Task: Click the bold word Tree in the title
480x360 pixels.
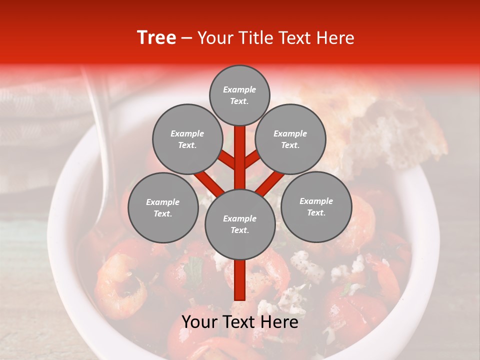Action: click(x=156, y=38)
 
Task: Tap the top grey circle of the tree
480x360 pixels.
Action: click(x=239, y=95)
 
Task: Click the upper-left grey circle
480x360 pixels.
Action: click(x=187, y=139)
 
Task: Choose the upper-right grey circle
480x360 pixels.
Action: click(x=290, y=139)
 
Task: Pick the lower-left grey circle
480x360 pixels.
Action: click(x=163, y=208)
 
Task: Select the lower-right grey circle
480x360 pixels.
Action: click(x=316, y=207)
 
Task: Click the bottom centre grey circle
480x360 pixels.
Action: click(x=239, y=224)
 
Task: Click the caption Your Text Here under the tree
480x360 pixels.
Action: click(x=239, y=322)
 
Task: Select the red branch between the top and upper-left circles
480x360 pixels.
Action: click(x=227, y=159)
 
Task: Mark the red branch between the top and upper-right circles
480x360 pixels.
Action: click(x=252, y=159)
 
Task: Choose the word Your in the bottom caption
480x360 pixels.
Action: click(x=199, y=322)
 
